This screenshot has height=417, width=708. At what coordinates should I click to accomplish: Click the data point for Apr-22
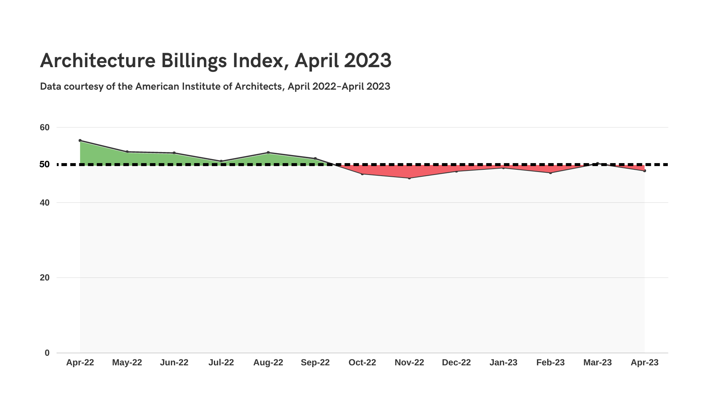coord(80,141)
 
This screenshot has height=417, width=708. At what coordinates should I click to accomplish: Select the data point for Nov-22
coord(409,178)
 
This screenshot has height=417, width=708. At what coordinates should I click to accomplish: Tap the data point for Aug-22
coord(268,152)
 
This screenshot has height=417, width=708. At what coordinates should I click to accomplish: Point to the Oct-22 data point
coord(362,174)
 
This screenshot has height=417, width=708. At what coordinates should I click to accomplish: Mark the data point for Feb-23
coord(551,173)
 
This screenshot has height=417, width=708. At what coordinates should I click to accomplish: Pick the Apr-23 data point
coord(645,171)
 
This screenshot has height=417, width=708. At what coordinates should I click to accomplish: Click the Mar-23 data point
coord(597,163)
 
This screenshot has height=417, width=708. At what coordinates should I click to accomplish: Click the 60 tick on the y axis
coord(45,128)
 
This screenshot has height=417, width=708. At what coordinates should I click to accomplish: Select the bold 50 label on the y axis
coord(45,164)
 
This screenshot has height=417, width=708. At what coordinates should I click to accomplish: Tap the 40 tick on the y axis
coord(45,203)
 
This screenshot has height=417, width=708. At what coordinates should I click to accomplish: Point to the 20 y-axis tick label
coord(45,278)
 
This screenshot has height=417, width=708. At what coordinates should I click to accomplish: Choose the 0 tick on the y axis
coord(47,353)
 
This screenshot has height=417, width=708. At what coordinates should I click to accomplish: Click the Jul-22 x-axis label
coord(221,362)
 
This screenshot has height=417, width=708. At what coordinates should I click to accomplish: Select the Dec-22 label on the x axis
coord(456,362)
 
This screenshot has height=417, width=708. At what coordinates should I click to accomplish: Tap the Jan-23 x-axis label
coord(503,362)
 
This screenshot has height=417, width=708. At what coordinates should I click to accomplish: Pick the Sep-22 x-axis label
coord(315,362)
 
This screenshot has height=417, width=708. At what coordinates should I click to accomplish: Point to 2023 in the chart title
coord(367,61)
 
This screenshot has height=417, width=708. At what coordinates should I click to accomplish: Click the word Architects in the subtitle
coord(258,86)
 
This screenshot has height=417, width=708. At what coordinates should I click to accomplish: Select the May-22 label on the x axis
coord(127,362)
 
